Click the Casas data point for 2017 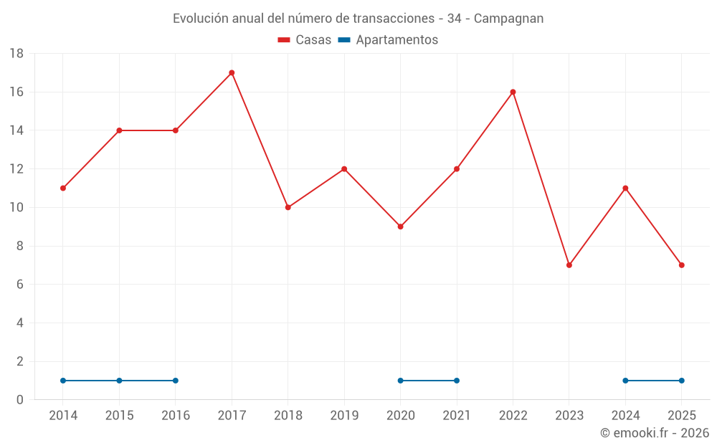point(232,72)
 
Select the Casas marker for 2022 point(513,92)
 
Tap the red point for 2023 point(569,265)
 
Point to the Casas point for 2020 point(400,227)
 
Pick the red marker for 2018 point(288,207)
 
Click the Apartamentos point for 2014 point(63,381)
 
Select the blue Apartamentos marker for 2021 point(457,381)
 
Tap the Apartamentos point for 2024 point(625,381)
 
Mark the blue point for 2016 point(176,381)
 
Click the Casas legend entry point(305,40)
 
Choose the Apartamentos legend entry point(388,40)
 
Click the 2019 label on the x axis point(344,416)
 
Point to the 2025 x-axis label point(681,416)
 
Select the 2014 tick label point(63,416)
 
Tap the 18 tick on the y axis point(16,54)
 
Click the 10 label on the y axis point(16,208)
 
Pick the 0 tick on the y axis point(20,400)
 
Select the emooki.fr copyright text point(655,433)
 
